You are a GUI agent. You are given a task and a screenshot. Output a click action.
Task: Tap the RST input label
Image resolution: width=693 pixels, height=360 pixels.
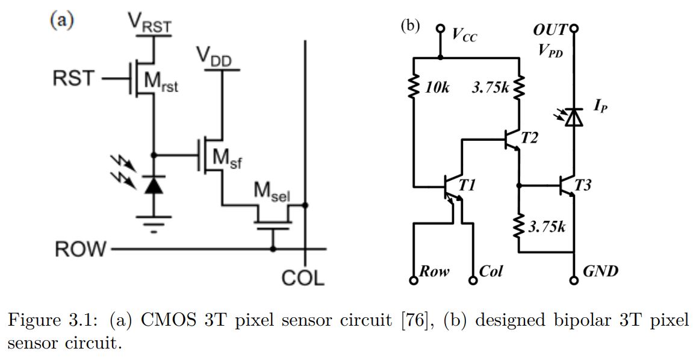(x=73, y=79)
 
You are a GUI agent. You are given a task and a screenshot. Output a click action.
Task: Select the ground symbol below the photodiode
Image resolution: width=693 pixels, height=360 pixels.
(x=154, y=224)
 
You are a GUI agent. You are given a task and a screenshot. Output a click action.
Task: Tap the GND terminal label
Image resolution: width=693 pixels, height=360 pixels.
(x=600, y=271)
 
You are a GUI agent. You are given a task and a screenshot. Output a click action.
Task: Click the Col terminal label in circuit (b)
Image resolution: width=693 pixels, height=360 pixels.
(x=490, y=271)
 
